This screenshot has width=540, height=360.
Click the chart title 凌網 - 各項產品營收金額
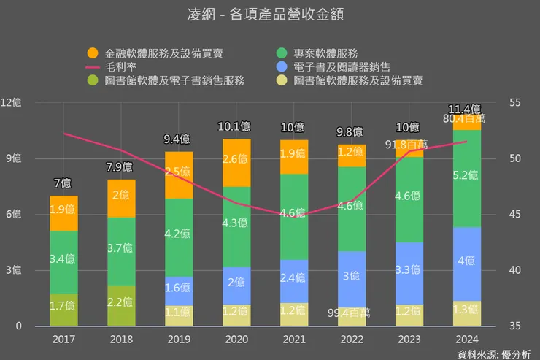(270, 14)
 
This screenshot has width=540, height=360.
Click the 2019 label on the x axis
(179, 338)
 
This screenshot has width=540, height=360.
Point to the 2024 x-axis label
(467, 338)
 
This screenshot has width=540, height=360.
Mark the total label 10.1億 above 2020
(236, 127)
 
